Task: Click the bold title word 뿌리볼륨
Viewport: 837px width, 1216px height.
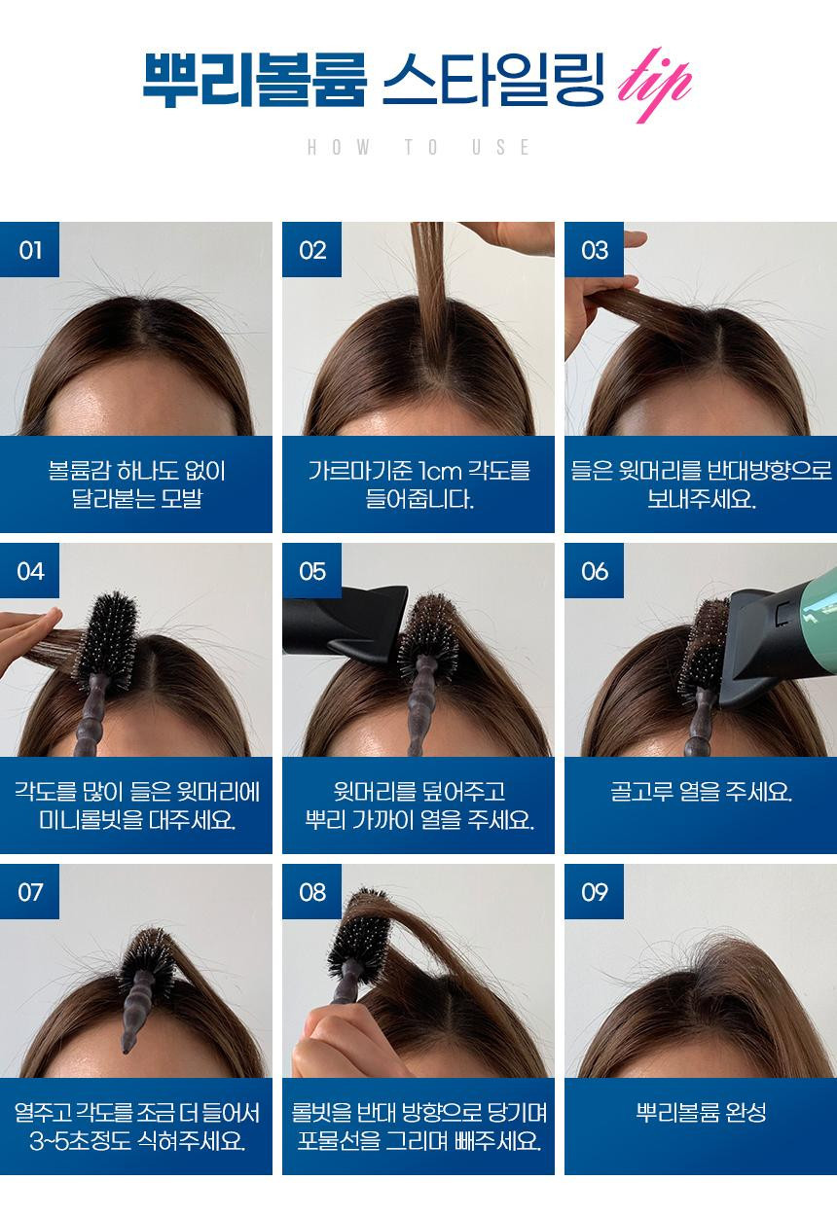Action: tap(254, 79)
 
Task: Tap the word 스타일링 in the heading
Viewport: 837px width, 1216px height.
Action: tap(493, 79)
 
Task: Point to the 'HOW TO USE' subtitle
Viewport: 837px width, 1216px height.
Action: tap(418, 147)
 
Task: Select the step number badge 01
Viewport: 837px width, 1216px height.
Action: tap(29, 250)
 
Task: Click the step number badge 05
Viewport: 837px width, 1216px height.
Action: tap(311, 571)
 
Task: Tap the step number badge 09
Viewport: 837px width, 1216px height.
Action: tap(595, 892)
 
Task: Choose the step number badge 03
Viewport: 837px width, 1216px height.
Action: tap(595, 250)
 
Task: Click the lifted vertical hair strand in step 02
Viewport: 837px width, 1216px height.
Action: tap(429, 293)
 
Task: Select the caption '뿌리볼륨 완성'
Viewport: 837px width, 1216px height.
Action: tap(701, 1112)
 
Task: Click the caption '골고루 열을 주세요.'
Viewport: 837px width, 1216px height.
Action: tap(701, 792)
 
